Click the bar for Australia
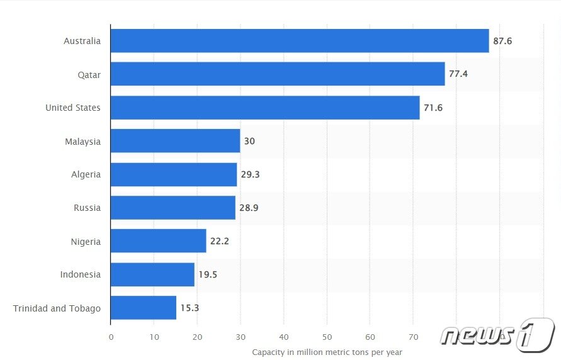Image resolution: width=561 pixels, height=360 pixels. (x=300, y=41)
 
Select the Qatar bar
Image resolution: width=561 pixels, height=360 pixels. (x=278, y=74)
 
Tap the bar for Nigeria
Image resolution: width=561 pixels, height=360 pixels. (x=159, y=241)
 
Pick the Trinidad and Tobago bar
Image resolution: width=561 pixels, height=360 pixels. (x=144, y=308)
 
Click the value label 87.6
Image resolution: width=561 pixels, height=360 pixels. (x=502, y=41)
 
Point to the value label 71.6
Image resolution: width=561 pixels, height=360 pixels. (x=433, y=108)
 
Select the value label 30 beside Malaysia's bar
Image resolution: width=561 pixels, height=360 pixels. (x=249, y=141)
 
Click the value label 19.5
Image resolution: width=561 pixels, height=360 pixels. (x=208, y=274)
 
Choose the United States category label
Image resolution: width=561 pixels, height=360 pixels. (x=72, y=108)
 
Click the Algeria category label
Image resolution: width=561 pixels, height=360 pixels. (x=86, y=174)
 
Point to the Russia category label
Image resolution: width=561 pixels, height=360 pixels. (x=87, y=208)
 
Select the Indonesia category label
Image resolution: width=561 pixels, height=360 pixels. (x=80, y=274)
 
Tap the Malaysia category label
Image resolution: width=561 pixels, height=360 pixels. (x=82, y=141)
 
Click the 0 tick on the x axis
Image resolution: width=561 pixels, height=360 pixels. (x=111, y=337)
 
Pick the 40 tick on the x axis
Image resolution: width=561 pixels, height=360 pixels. (x=284, y=337)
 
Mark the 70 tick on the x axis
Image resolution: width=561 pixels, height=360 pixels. (x=414, y=337)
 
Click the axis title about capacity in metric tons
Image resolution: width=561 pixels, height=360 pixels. (x=327, y=352)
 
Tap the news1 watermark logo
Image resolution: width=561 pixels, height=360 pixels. (x=497, y=335)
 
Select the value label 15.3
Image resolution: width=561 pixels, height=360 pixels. (x=190, y=308)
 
